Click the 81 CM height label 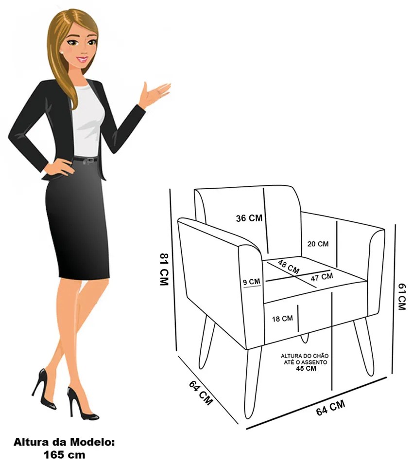point(164,269)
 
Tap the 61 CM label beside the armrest point(402,297)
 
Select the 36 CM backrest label point(249,218)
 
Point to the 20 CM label point(318,244)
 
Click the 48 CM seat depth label point(288,267)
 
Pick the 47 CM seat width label point(322,277)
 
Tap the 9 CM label point(251,282)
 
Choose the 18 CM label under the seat point(282,319)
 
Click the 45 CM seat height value point(306,368)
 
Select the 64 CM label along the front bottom point(330,408)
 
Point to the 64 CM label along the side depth point(201,393)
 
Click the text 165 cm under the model point(64,455)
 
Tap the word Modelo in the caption point(92,442)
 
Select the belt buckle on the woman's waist point(86,161)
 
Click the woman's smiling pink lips point(83,59)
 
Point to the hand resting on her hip point(59,167)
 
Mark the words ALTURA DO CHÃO point(305,356)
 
